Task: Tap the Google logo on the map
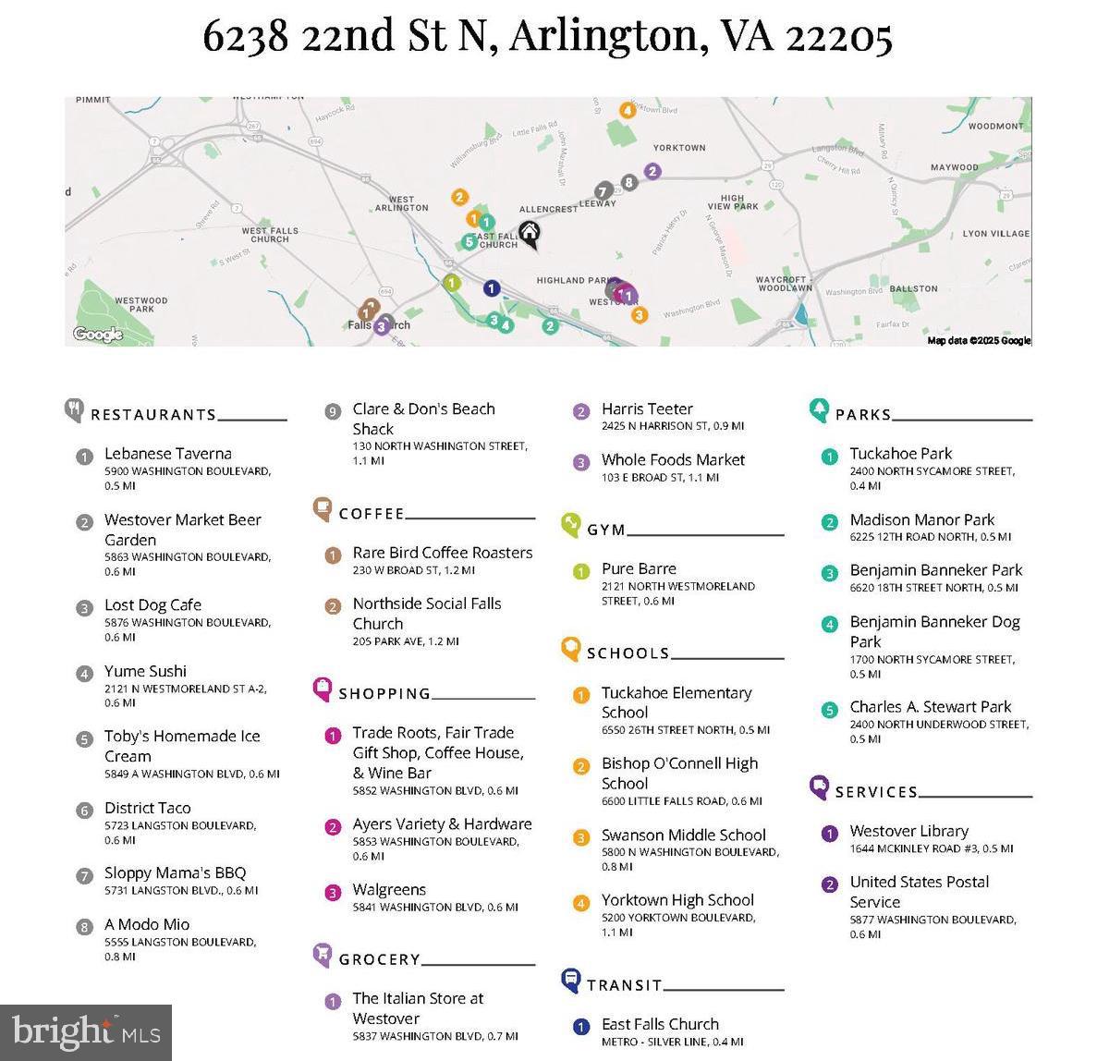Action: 98,334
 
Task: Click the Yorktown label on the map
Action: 679,148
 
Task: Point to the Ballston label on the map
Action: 913,288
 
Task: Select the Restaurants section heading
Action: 153,415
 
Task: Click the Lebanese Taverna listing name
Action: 167,454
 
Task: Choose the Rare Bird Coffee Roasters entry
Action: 442,553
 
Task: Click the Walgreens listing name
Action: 389,890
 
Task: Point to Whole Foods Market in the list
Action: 673,460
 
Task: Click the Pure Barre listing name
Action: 639,569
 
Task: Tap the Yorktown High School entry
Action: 677,900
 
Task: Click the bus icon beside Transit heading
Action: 571,981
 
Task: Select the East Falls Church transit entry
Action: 660,1024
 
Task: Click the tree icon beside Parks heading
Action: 819,409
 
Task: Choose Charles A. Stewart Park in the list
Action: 931,707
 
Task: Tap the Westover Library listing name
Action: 909,832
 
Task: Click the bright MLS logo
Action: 86,1031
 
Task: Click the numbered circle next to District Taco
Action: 84,810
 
